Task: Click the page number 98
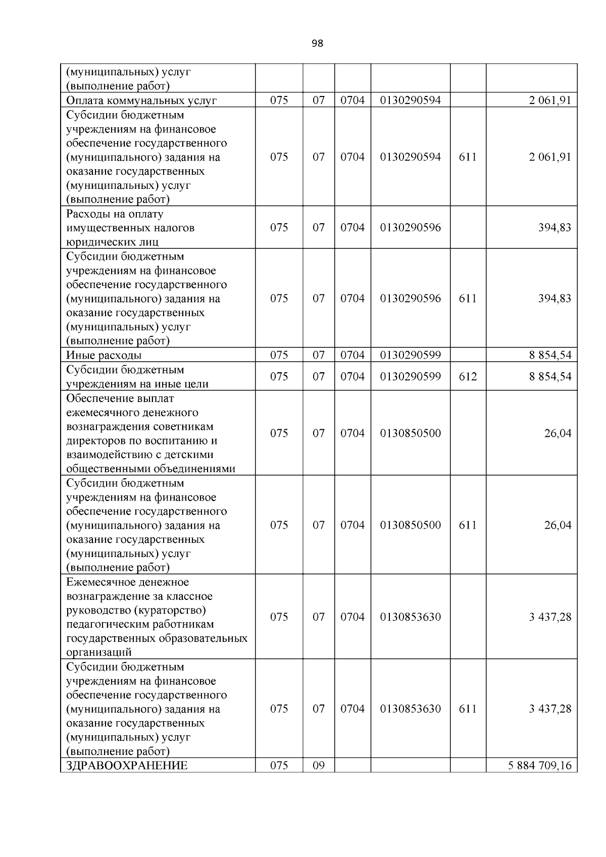pos(317,43)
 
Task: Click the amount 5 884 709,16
pos(539,765)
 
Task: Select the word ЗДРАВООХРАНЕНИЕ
pos(127,765)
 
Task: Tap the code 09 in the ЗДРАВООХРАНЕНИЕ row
pos(319,765)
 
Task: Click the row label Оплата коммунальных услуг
pos(141,100)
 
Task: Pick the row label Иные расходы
pos(104,355)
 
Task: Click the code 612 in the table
pos(468,376)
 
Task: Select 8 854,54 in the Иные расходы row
pos(550,355)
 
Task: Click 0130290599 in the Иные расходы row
pos(410,355)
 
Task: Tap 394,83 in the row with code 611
pos(554,298)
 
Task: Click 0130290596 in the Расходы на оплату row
pos(410,227)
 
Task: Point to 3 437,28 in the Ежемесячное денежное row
pos(550,617)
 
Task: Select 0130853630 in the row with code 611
pos(410,709)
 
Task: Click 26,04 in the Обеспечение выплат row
pos(558,433)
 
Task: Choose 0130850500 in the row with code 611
pos(410,525)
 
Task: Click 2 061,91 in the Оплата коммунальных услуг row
pos(550,100)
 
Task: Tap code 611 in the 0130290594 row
pos(468,157)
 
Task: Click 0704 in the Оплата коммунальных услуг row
pos(352,100)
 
